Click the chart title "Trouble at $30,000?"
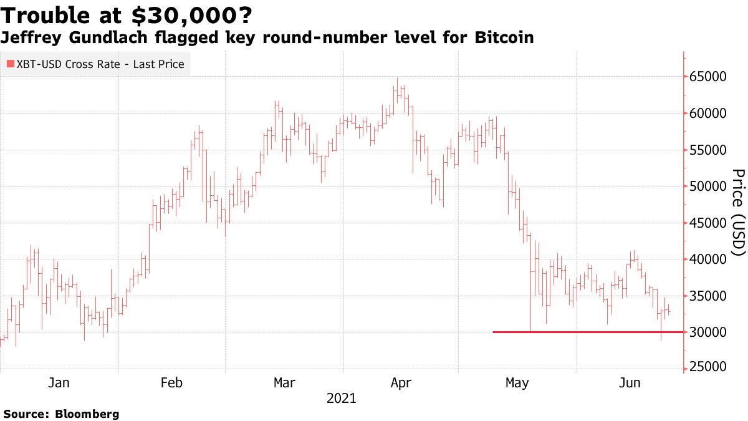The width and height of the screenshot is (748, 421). pyautogui.click(x=127, y=14)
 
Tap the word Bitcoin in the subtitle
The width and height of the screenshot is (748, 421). pyautogui.click(x=504, y=38)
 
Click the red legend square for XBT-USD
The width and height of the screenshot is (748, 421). pyautogui.click(x=10, y=64)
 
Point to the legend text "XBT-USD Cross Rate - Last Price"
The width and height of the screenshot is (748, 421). pyautogui.click(x=100, y=64)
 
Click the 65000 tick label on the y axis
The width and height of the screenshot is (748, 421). pyautogui.click(x=708, y=77)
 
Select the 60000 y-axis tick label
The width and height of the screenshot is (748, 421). pyautogui.click(x=708, y=114)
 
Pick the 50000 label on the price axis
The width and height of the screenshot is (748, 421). pyautogui.click(x=708, y=186)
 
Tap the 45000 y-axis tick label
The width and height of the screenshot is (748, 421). pyautogui.click(x=708, y=223)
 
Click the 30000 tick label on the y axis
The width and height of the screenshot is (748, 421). pyautogui.click(x=708, y=332)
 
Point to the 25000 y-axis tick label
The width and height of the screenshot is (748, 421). pyautogui.click(x=708, y=368)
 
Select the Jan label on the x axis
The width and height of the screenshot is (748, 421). pyautogui.click(x=59, y=383)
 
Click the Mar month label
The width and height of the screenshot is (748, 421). pyautogui.click(x=285, y=383)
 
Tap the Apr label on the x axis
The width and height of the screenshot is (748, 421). pyautogui.click(x=401, y=383)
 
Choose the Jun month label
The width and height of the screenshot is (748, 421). pyautogui.click(x=630, y=383)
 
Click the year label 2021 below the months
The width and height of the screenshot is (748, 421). pyautogui.click(x=341, y=398)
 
